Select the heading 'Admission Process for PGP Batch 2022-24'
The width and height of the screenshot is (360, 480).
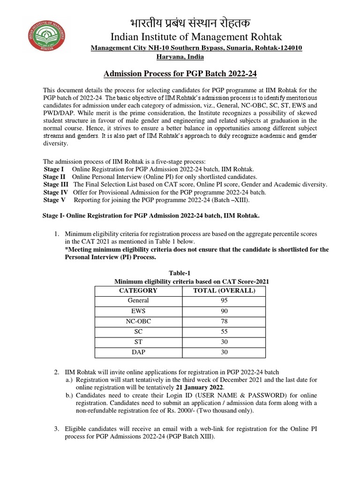pos(180,74)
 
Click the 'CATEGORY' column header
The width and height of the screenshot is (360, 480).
pos(138,291)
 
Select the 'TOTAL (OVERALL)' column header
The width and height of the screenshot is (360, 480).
pos(224,291)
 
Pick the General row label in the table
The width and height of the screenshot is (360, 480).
pos(138,300)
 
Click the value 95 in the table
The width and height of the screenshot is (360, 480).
pos(224,300)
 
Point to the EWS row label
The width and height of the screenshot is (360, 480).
pos(138,311)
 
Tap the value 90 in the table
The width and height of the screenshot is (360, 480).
pos(224,311)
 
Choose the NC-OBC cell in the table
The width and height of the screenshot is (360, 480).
pos(138,321)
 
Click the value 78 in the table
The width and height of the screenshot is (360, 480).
pos(224,321)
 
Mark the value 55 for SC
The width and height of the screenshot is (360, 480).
pos(224,331)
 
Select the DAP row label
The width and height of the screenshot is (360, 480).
pos(138,352)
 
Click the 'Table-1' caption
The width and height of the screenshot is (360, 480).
pos(180,273)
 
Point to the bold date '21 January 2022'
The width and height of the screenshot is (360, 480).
pos(199,387)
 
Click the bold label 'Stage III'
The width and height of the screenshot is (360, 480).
pos(55,185)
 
